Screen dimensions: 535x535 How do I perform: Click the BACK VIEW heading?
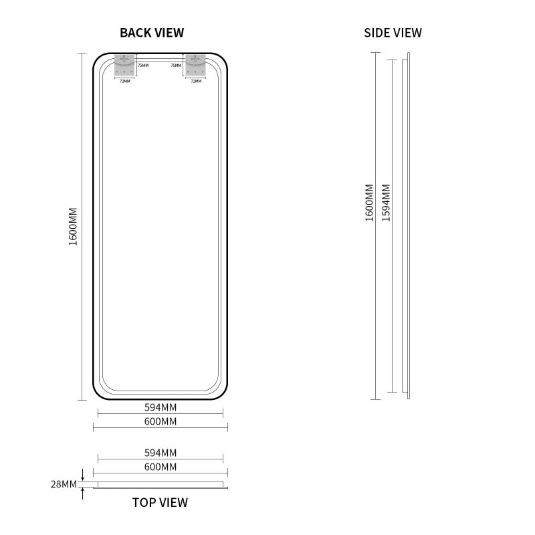[x=152, y=33]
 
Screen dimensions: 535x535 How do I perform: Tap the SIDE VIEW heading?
[x=393, y=33]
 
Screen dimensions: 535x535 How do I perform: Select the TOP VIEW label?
[x=160, y=503]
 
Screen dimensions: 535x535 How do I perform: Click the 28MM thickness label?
[x=64, y=484]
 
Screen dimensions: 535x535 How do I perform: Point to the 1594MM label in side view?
[x=386, y=203]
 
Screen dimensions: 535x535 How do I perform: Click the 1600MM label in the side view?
[x=370, y=203]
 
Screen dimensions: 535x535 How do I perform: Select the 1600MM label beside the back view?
[x=73, y=227]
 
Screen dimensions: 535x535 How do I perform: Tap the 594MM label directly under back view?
[x=160, y=407]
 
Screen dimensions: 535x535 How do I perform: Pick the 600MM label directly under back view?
[x=160, y=421]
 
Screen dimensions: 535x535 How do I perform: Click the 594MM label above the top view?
[x=160, y=453]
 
